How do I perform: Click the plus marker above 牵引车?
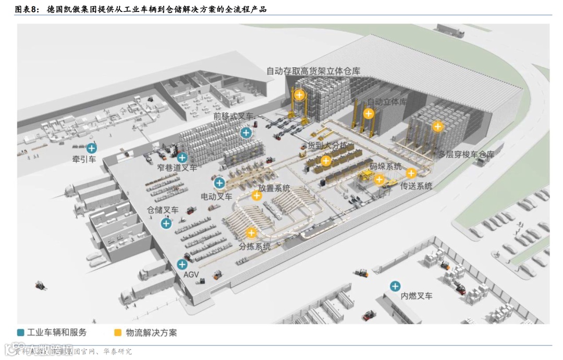[x=92, y=148]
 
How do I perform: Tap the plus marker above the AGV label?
[x=182, y=264]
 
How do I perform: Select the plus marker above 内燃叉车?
[x=395, y=286]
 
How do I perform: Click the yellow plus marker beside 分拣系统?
[x=251, y=233]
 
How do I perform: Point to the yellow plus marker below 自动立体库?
[x=369, y=113]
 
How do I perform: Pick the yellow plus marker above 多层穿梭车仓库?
[x=438, y=126]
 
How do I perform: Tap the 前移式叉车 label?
[x=233, y=116]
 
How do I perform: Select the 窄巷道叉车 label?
[x=177, y=167]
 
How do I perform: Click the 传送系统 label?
[x=416, y=185]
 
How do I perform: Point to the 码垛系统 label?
[x=386, y=166]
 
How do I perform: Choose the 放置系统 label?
[x=274, y=188]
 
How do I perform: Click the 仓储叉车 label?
[x=163, y=210]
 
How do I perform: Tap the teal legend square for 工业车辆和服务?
[x=21, y=332]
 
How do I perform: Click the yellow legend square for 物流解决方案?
[x=118, y=332]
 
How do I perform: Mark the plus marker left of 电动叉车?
[x=219, y=183]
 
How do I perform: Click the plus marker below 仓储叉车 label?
[x=166, y=223]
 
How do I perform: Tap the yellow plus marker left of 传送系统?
[x=411, y=174]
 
